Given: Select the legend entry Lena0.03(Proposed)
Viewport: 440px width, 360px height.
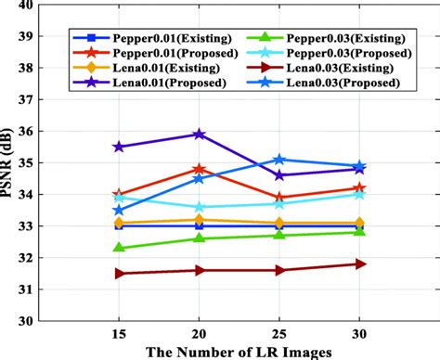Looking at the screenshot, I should [x=346, y=84].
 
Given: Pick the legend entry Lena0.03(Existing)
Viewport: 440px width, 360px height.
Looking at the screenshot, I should [x=346, y=69].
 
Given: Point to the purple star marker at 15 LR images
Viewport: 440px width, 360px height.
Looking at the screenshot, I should [x=119, y=147].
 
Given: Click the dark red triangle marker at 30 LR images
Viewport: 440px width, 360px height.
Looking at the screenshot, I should [x=360, y=264].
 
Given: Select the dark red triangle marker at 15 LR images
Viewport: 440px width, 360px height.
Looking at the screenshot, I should [x=119, y=274].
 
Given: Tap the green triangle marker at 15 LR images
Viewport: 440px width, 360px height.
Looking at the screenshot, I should [x=119, y=248].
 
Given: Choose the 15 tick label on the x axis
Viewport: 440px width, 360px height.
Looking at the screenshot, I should [x=119, y=334].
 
